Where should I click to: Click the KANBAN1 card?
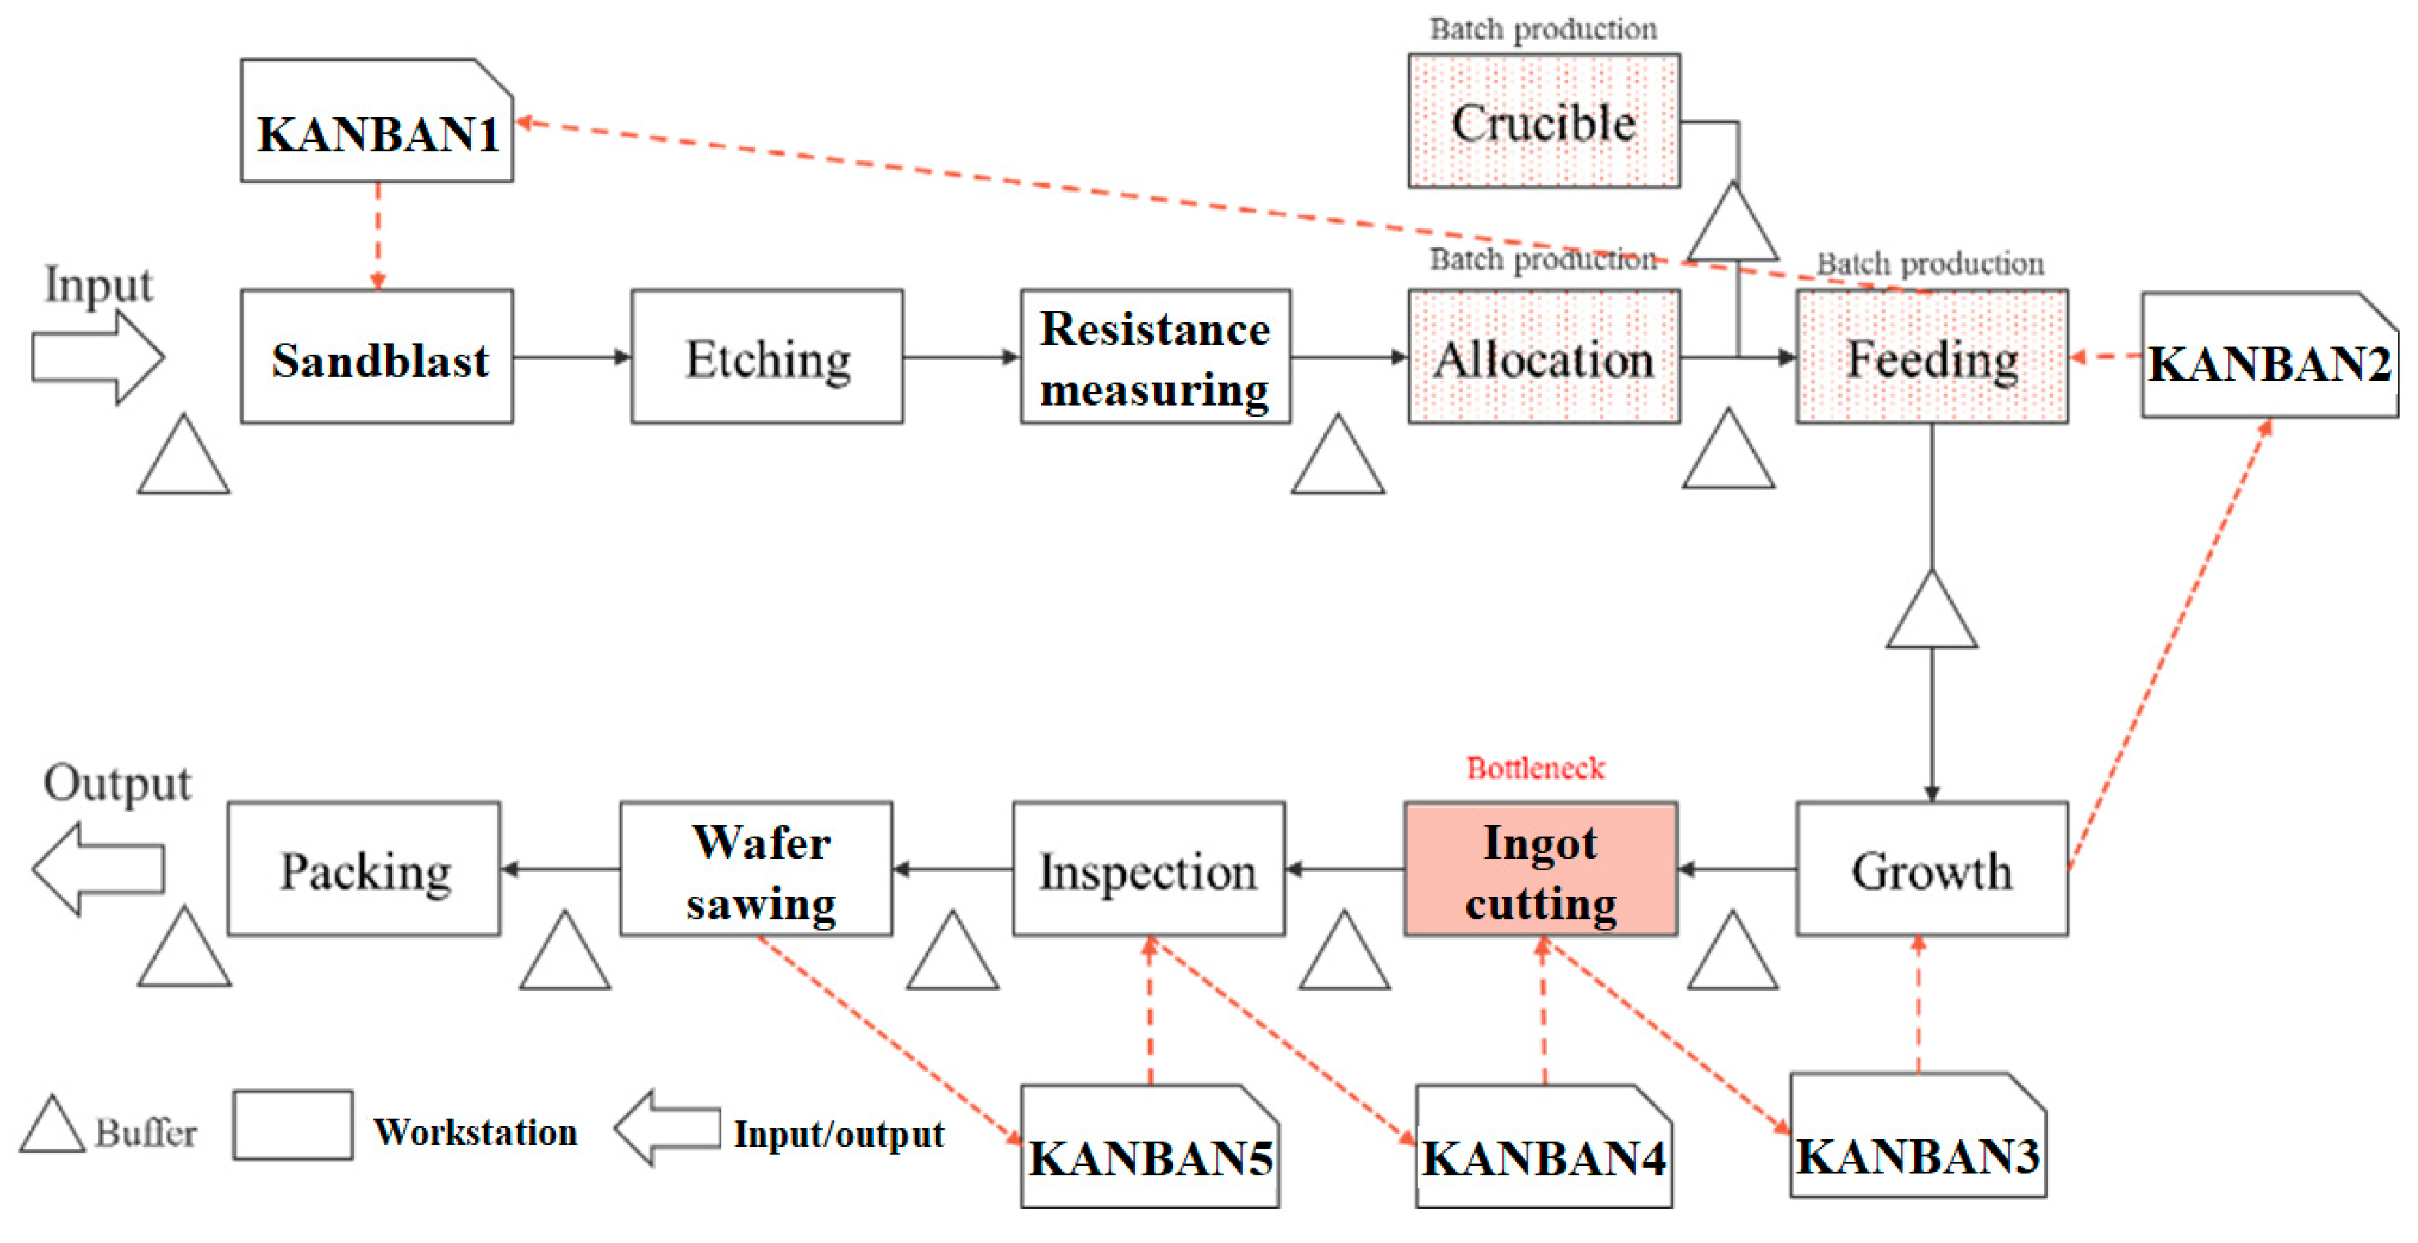376,122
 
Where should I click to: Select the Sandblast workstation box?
376,357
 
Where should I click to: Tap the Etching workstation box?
767,357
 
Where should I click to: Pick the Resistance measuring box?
1156,357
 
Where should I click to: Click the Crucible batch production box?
1544,121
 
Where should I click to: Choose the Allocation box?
1544,357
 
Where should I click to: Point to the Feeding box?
1932,357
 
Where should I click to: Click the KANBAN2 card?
2269,357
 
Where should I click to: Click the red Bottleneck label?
1536,768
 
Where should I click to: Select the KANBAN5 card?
1150,1147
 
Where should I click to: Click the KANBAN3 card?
1918,1136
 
